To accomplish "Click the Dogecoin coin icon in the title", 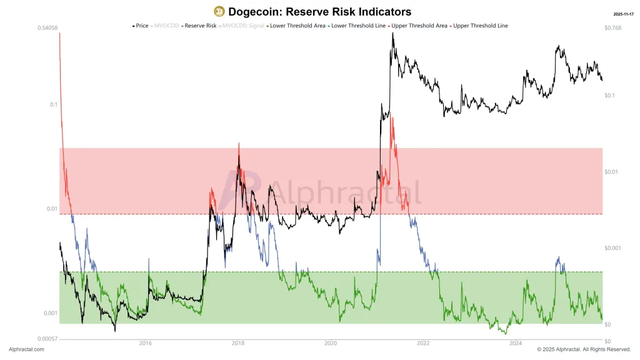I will coord(219,11).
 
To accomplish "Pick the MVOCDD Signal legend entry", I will coord(243,26).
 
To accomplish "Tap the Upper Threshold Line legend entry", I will coord(480,26).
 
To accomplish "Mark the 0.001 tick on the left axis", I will coord(50,313).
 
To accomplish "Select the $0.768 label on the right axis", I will coord(613,28).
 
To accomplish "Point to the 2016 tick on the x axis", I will coord(146,342).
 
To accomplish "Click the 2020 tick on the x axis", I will coord(331,342).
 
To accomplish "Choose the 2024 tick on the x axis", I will coord(516,342).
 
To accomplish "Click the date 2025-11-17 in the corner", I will coord(624,13).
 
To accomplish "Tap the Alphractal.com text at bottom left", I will coord(26,349).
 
